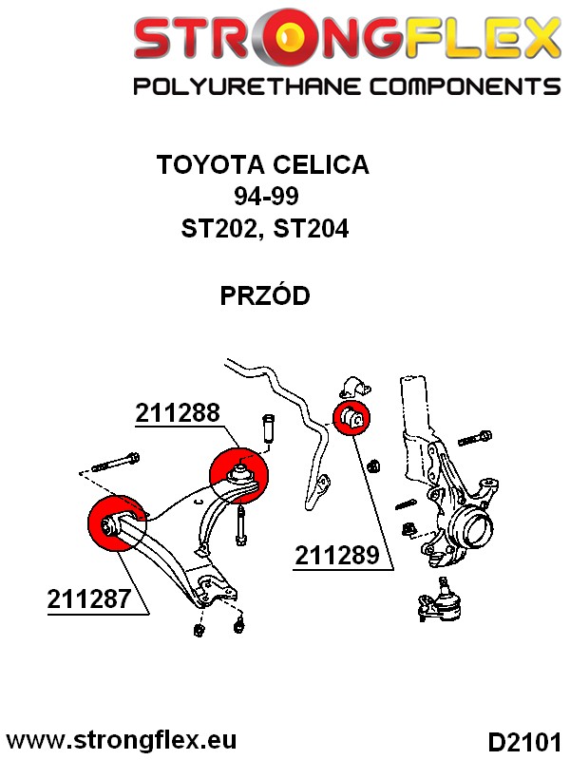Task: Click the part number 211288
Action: tap(178, 413)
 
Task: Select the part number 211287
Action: tap(89, 600)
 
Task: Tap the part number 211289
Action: tap(338, 556)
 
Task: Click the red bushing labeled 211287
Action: tap(113, 522)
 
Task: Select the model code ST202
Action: tap(221, 229)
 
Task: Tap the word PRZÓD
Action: tap(265, 296)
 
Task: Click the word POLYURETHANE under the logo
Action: tap(237, 87)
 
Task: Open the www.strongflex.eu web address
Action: tap(122, 739)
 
